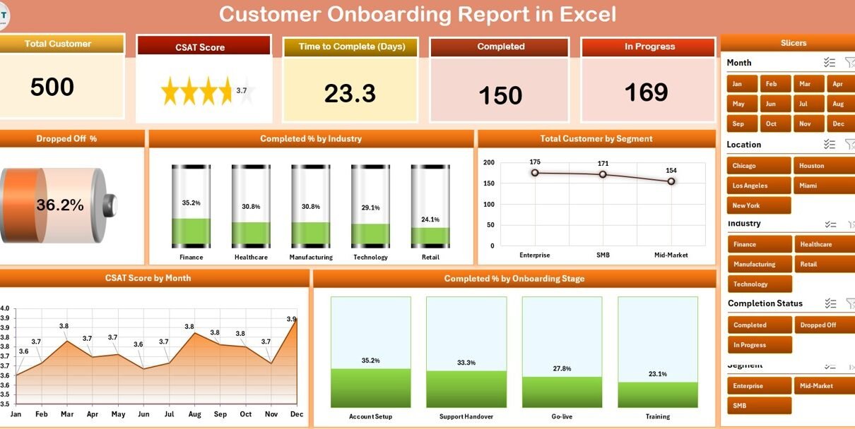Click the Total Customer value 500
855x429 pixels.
52,87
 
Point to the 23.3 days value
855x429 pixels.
350,94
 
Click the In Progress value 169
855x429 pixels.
646,92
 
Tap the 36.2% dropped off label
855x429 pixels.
60,205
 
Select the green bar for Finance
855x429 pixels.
191,231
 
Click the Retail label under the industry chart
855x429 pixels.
430,258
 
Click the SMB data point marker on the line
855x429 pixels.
603,174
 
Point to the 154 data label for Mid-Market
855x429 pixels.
671,171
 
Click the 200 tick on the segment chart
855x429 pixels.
488,162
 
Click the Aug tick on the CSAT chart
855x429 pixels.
194,414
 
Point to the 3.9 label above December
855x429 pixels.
292,319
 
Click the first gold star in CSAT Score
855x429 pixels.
170,92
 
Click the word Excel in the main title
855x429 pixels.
585,14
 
